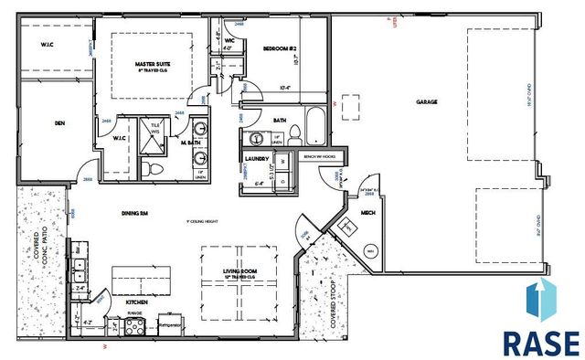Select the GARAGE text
(x=424, y=102)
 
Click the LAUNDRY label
(x=256, y=158)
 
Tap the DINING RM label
(x=134, y=213)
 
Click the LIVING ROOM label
(x=242, y=270)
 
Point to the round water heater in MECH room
(x=370, y=250)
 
